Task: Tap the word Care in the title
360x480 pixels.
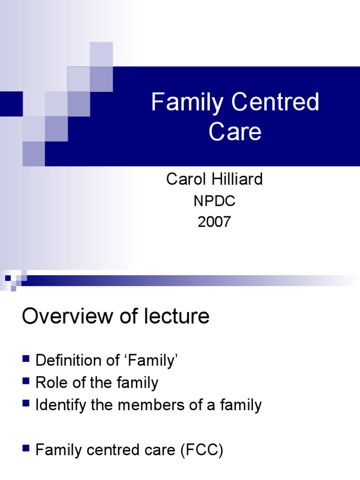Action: click(235, 132)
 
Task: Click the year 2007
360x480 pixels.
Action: click(214, 221)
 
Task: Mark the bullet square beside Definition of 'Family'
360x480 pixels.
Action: click(26, 360)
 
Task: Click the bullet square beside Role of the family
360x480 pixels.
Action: click(26, 382)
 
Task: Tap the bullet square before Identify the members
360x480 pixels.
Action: click(26, 404)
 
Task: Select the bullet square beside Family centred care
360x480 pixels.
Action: click(26, 450)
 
